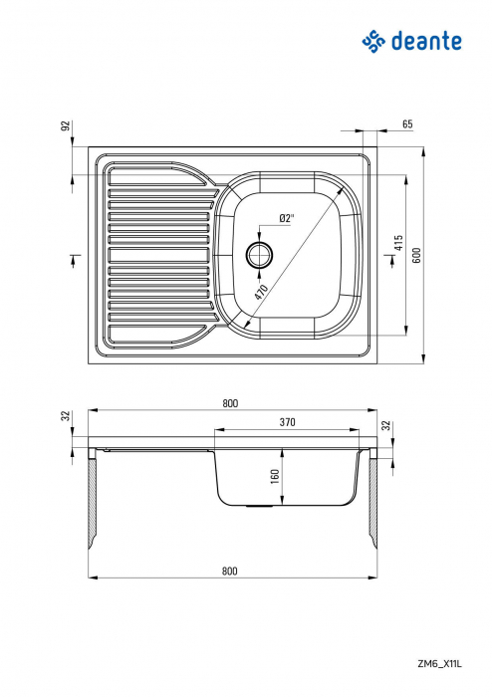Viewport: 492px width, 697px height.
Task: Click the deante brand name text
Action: coord(426,41)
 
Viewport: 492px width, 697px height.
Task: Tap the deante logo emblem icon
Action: coord(372,41)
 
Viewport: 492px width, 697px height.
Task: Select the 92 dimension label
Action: coord(66,126)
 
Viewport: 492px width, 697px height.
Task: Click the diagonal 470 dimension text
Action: coord(262,292)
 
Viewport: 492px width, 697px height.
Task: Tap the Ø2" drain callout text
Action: coord(286,218)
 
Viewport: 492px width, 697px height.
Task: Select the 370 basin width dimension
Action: coord(287,422)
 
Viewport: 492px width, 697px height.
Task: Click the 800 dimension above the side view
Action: coord(230,403)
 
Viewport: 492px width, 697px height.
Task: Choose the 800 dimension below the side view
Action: coord(230,571)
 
